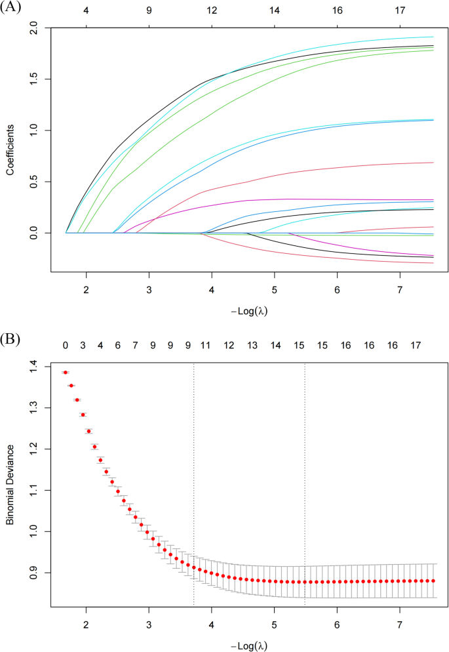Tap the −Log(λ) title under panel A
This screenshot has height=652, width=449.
point(250,311)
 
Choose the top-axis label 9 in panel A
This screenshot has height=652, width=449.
point(149,11)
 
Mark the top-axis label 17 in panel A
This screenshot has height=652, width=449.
point(400,11)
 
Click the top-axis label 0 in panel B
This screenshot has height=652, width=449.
point(66,345)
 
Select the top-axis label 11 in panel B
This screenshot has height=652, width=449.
point(205,345)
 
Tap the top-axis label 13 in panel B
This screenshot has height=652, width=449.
point(252,345)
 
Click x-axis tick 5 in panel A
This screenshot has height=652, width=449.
point(275,290)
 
